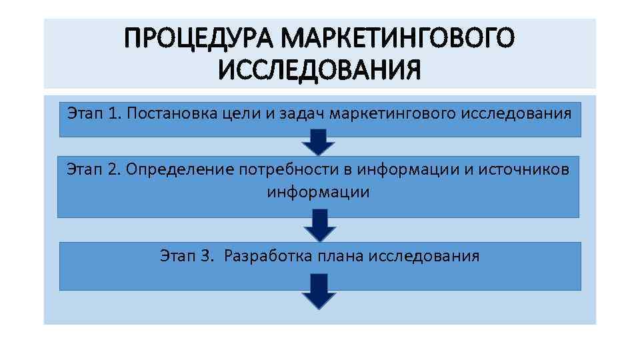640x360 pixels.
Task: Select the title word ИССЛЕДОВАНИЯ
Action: (x=320, y=69)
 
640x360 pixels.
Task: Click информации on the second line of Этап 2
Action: (x=318, y=193)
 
